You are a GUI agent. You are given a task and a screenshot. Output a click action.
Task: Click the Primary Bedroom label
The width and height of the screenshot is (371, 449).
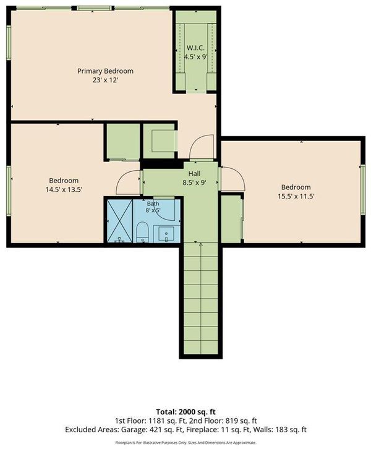105,71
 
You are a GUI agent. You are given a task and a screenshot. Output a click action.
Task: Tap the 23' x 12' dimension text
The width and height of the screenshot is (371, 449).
105,80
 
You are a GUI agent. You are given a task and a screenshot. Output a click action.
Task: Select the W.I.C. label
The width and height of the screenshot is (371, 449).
195,48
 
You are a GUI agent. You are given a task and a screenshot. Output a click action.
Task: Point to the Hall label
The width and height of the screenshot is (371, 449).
194,174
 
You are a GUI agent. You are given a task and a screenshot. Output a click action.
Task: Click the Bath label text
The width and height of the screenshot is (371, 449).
153,204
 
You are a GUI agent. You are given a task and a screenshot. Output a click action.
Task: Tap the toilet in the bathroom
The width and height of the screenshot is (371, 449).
142,233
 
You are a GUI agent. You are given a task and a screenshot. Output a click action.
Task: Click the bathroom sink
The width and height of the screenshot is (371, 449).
166,233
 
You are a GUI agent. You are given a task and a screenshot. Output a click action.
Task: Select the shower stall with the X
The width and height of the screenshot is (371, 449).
120,221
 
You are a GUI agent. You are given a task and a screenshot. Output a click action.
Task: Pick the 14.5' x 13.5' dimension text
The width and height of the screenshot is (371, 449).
64,189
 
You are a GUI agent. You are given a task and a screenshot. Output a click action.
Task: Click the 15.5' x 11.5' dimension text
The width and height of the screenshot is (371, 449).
296,196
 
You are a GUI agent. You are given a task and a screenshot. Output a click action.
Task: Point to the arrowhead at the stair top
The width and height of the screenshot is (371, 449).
200,244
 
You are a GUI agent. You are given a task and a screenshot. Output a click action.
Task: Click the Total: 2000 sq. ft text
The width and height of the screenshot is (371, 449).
185,412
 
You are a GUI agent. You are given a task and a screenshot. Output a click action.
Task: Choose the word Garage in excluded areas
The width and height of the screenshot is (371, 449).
132,430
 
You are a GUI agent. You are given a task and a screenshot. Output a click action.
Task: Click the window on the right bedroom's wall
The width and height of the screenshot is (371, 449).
363,189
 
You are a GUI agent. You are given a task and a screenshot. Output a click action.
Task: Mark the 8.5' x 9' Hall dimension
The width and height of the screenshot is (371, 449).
194,182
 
